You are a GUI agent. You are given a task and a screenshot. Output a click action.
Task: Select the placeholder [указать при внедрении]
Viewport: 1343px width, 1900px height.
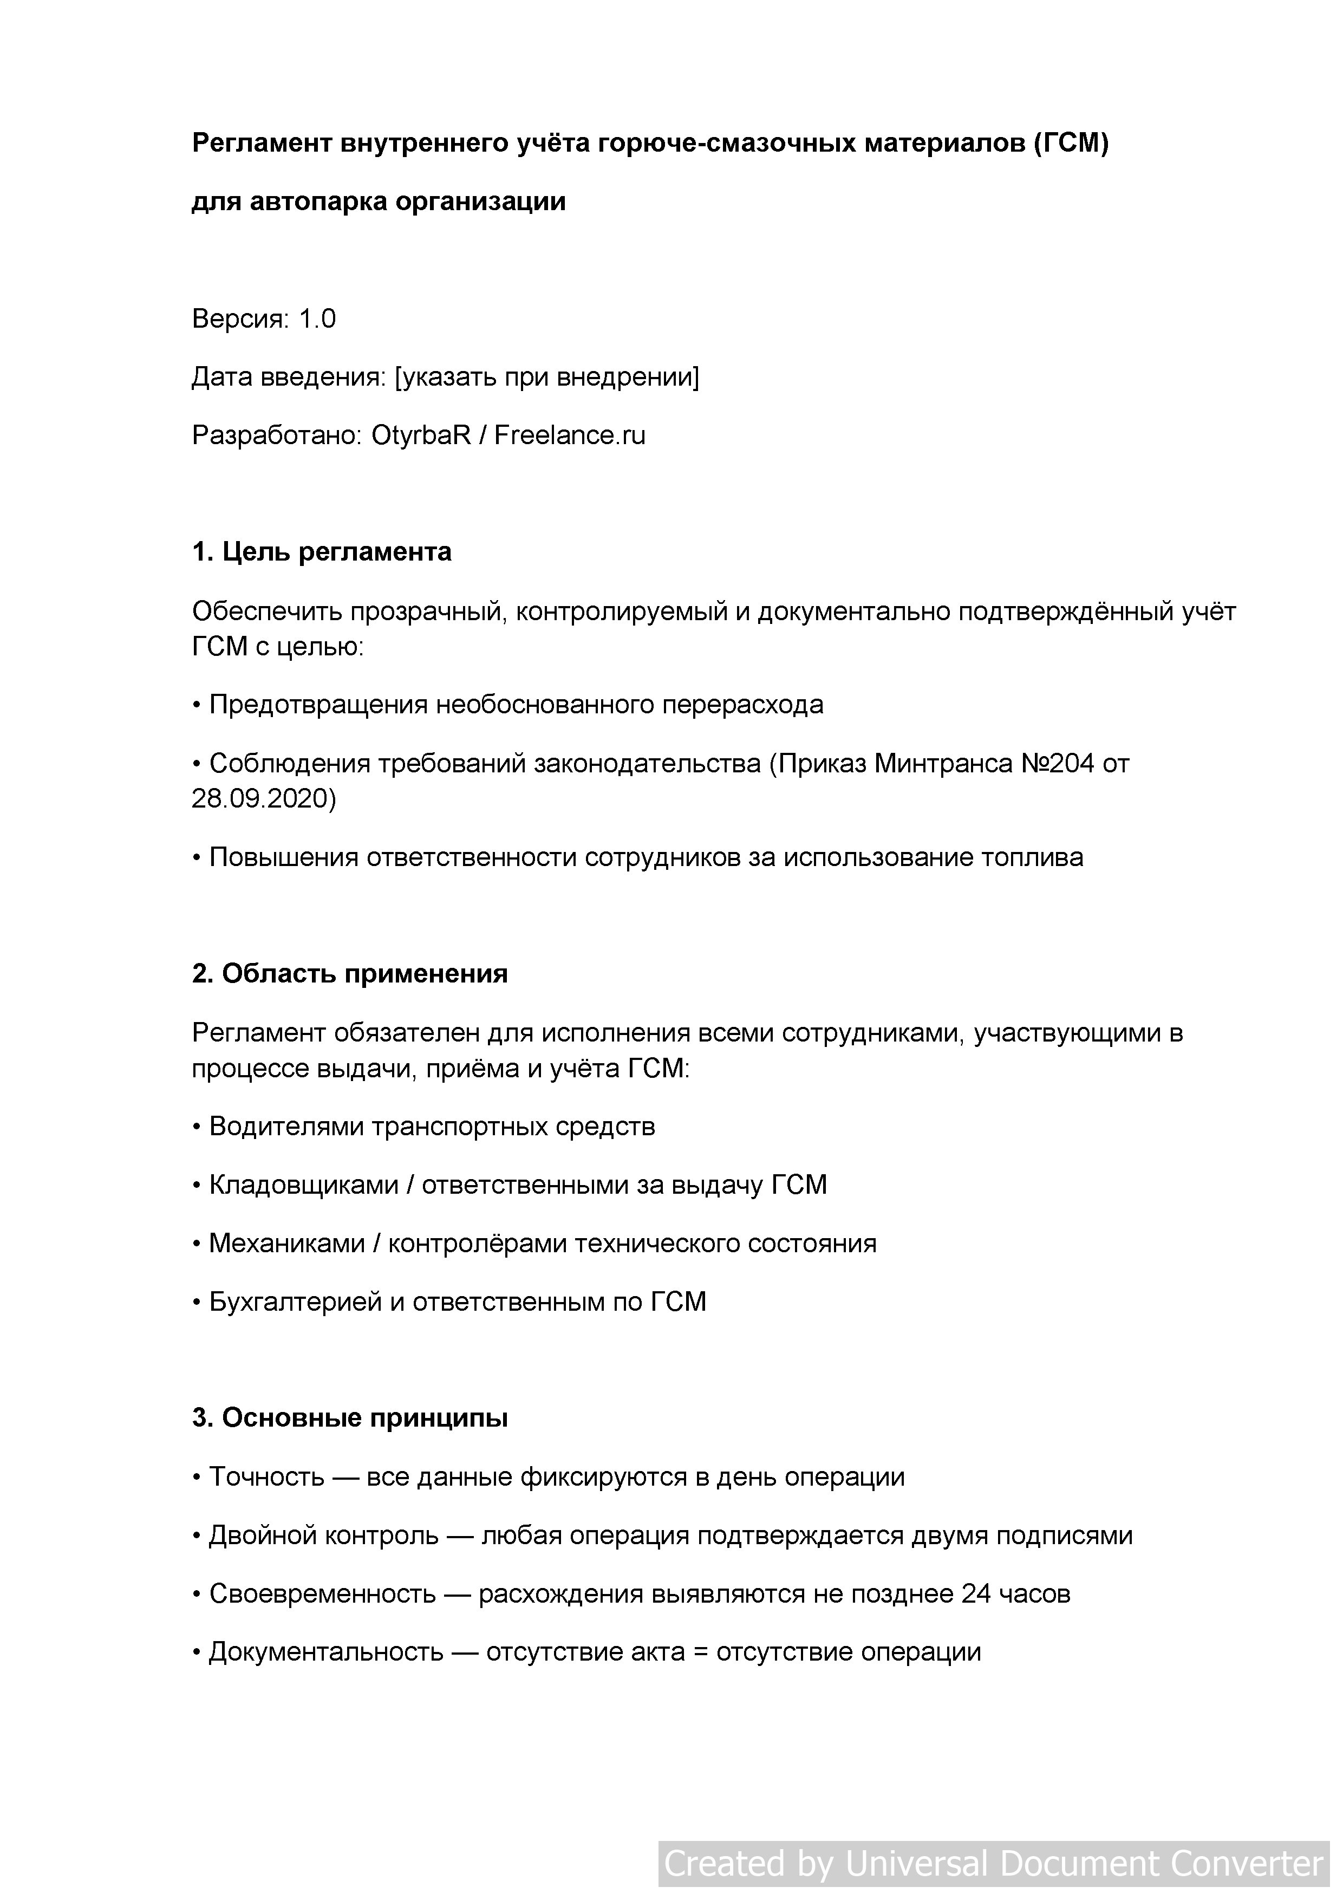click(x=547, y=378)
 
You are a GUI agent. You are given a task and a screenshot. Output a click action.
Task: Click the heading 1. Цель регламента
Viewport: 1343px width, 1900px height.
click(x=321, y=552)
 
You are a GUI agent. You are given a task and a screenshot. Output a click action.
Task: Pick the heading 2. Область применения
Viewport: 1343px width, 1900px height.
click(x=349, y=974)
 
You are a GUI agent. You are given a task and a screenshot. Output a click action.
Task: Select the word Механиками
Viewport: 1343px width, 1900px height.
click(x=287, y=1243)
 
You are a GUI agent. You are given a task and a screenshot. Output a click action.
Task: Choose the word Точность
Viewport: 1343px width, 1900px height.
click(x=266, y=1476)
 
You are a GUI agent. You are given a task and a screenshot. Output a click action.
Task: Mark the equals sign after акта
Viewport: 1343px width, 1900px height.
click(x=701, y=1652)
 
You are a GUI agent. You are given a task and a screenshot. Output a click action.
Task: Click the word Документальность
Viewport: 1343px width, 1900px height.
click(x=326, y=1652)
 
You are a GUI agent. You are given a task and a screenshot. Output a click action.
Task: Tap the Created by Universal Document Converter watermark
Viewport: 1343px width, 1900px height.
click(x=993, y=1864)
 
